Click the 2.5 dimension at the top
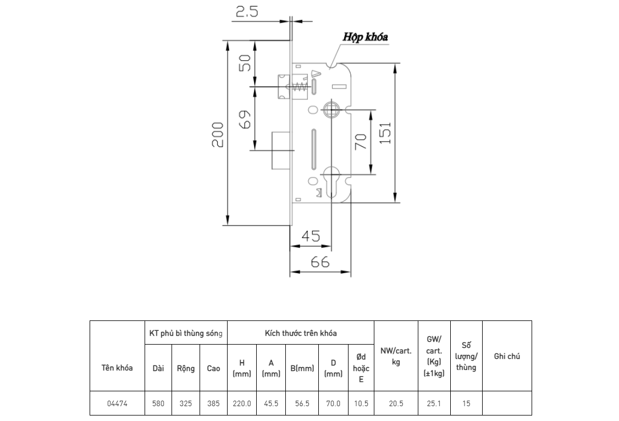tap(247, 12)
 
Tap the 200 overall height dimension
tap(218, 135)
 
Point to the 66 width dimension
tap(320, 262)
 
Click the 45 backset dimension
tap(311, 236)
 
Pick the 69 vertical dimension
tap(245, 119)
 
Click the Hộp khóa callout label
tap(365, 37)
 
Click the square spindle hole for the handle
tap(331, 110)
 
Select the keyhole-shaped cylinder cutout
tap(331, 181)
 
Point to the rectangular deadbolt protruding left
tap(281, 151)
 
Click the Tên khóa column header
tap(117, 368)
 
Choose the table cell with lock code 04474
tap(117, 403)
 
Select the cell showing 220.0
tap(242, 403)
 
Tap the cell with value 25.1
tap(434, 403)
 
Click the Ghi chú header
tap(507, 356)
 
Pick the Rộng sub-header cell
tap(186, 368)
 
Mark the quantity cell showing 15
tap(466, 403)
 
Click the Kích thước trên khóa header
tap(301, 333)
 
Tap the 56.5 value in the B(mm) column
tap(302, 403)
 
